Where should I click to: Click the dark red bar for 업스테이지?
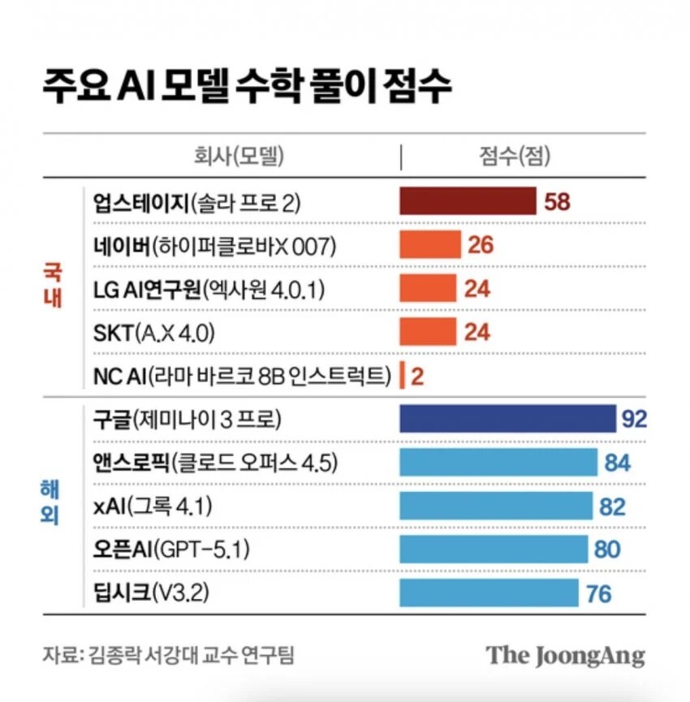click(x=468, y=201)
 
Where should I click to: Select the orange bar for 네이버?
click(x=429, y=244)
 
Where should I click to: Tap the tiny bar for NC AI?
click(x=401, y=375)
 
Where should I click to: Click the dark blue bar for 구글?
click(x=507, y=419)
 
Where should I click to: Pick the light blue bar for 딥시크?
click(x=489, y=593)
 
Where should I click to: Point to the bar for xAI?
click(x=496, y=506)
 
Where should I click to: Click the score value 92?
click(x=634, y=419)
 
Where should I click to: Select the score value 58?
click(x=557, y=201)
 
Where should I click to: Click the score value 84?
click(x=618, y=463)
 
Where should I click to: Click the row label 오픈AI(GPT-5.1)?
click(x=171, y=550)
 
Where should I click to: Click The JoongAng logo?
click(x=565, y=656)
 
